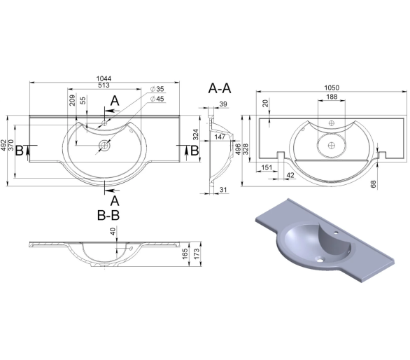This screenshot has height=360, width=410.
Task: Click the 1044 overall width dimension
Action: [104, 78]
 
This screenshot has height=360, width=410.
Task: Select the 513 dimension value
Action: [104, 85]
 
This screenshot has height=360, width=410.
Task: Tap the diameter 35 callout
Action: [157, 89]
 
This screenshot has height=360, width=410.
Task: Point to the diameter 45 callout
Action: [157, 99]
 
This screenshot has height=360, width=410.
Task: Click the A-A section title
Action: [220, 88]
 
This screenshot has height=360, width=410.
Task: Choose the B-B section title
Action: [108, 216]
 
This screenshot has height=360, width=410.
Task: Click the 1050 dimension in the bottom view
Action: [332, 88]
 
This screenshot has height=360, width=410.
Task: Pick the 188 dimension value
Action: [332, 97]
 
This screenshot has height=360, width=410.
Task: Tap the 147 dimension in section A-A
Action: [220, 137]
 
